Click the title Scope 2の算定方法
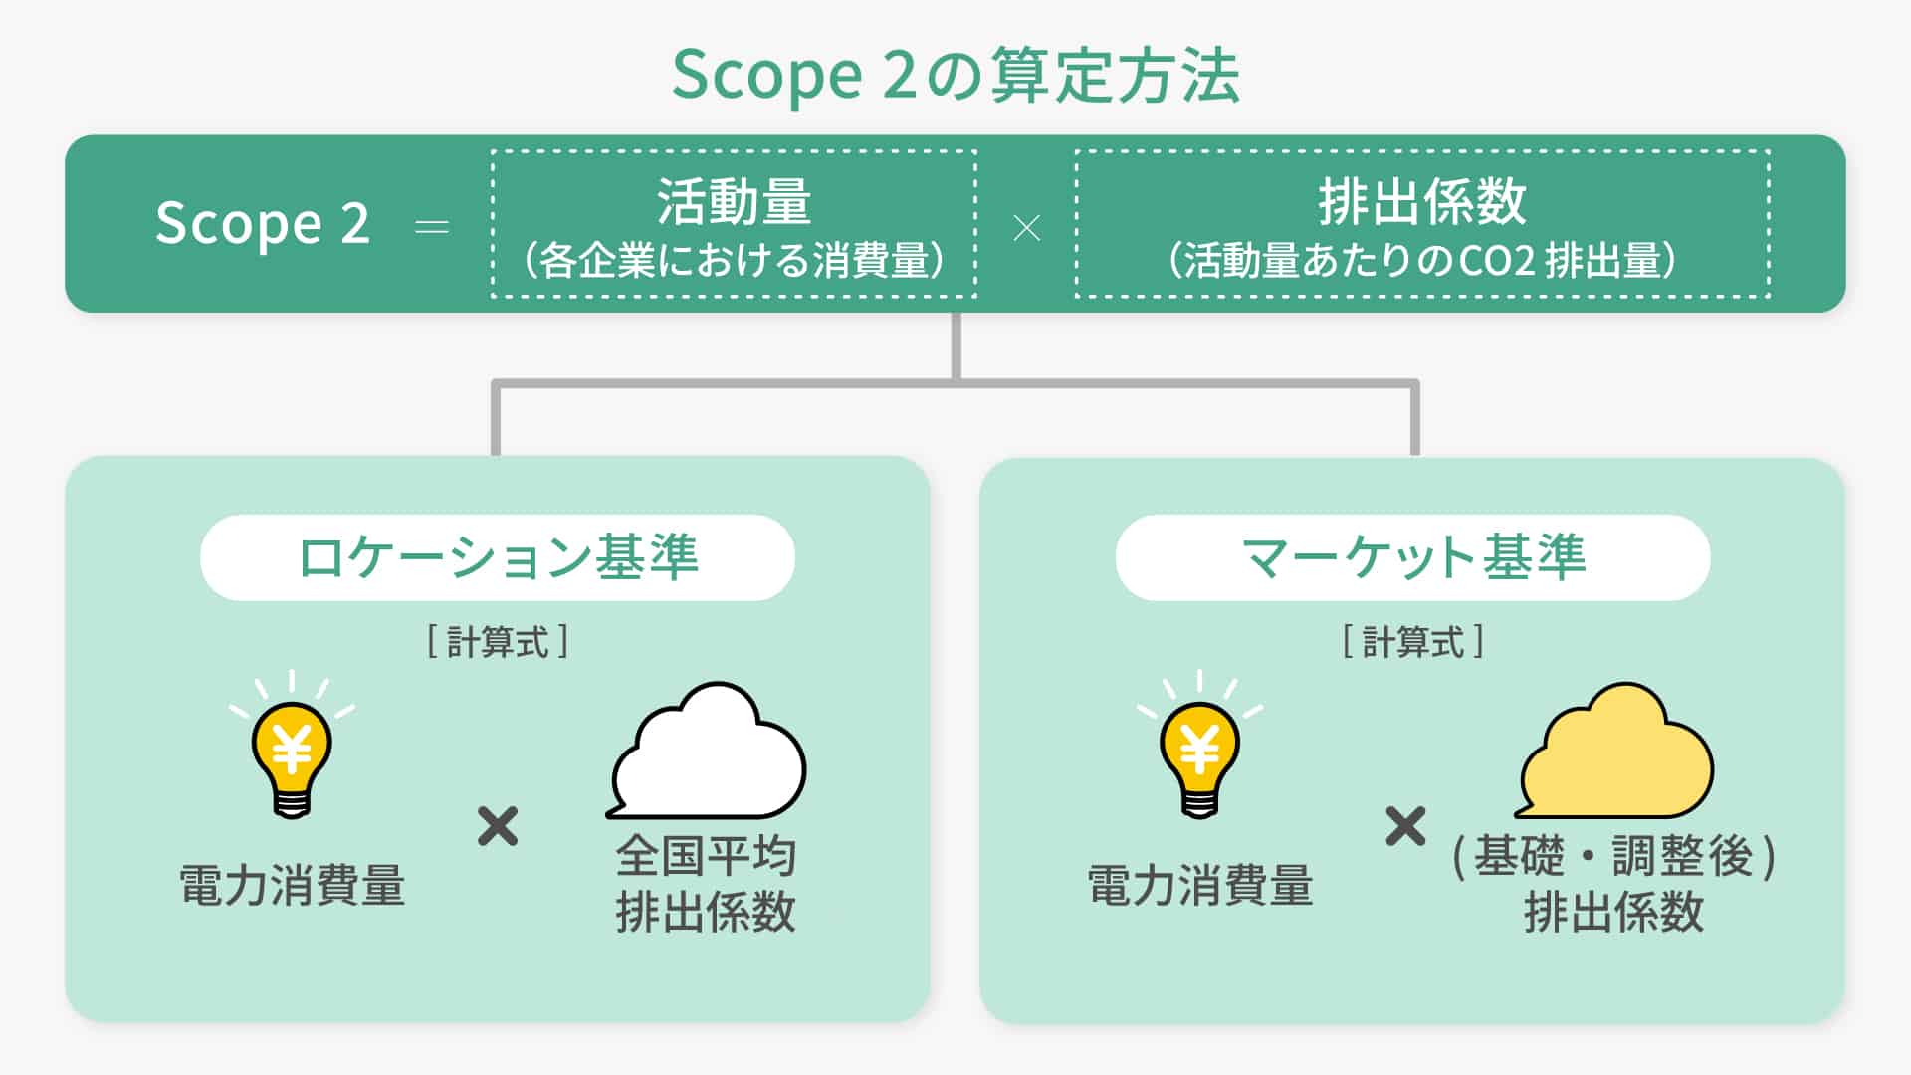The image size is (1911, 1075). click(955, 76)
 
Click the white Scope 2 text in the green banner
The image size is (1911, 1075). click(263, 223)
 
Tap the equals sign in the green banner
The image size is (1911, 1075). click(431, 228)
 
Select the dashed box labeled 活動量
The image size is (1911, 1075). click(734, 224)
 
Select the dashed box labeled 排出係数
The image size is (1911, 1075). click(1421, 224)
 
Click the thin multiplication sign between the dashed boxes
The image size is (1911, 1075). click(1026, 229)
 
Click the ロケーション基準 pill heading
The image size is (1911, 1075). click(498, 557)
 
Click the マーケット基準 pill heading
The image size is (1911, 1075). click(1412, 557)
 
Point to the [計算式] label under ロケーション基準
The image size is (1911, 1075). click(498, 642)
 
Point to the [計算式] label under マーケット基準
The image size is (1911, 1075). click(1412, 642)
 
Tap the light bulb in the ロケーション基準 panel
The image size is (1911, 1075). click(292, 756)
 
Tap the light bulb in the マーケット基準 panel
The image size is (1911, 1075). click(1199, 756)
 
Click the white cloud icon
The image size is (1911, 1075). click(709, 752)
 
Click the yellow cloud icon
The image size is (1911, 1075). click(1616, 752)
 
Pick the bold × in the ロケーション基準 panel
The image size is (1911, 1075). click(498, 826)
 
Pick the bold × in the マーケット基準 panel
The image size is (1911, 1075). click(1405, 826)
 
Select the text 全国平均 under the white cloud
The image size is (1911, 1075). click(706, 856)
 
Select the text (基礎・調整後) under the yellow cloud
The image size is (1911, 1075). click(1613, 856)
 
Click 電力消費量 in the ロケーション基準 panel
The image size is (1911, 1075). click(292, 885)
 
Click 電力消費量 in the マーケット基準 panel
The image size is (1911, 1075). click(1199, 885)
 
